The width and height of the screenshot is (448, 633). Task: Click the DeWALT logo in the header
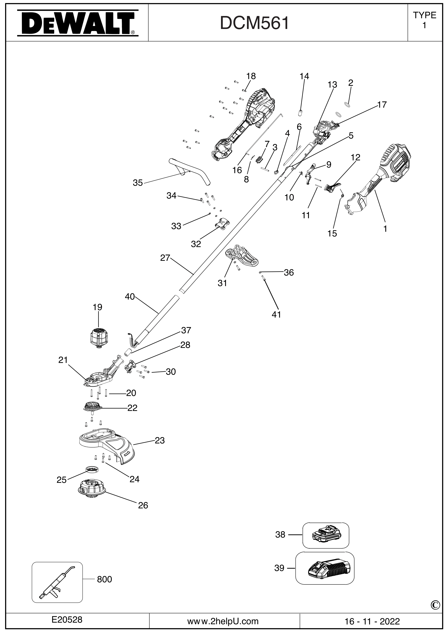78,23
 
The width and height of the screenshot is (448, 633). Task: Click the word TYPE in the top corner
424,15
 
